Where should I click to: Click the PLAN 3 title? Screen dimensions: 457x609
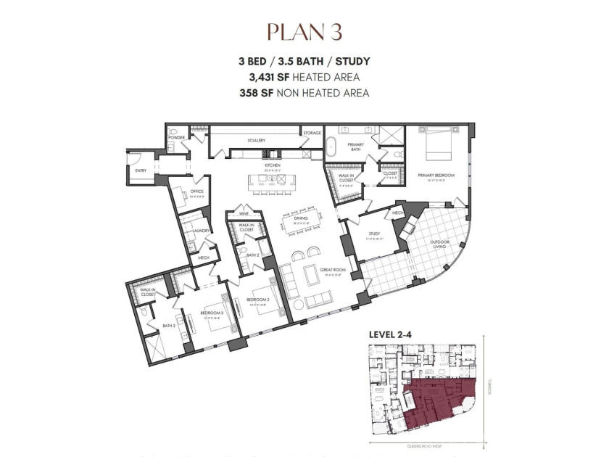tap(304, 32)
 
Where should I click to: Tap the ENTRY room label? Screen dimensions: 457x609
tap(140, 170)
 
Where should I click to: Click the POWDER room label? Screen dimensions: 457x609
tap(176, 137)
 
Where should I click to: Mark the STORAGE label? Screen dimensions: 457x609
tap(312, 133)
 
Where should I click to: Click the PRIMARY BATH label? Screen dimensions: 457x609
tap(355, 147)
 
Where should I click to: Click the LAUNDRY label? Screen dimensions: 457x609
tap(202, 231)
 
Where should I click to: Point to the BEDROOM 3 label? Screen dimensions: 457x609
tap(210, 313)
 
